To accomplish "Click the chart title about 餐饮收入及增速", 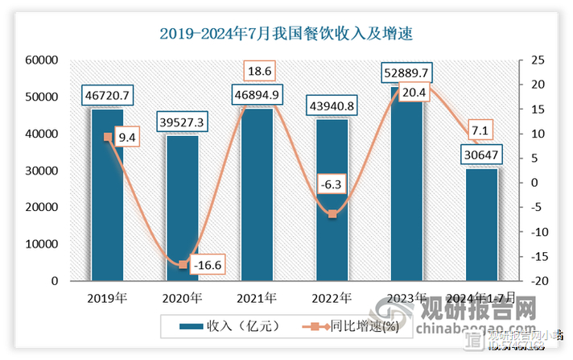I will [x=286, y=34].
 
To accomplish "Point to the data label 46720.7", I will [x=107, y=96].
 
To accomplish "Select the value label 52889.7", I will [x=406, y=74].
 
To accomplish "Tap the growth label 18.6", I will [x=258, y=72].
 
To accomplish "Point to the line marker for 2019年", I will [x=108, y=137].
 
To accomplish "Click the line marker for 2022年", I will [x=332, y=213].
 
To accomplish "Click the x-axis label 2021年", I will [x=258, y=298].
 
